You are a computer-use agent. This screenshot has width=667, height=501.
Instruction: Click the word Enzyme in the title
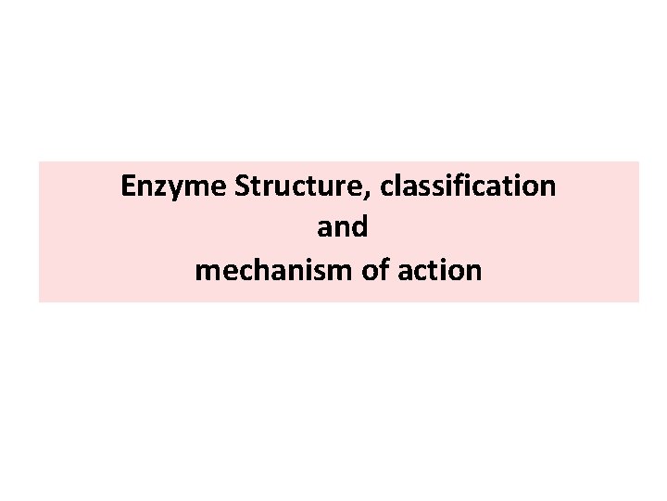[x=174, y=186]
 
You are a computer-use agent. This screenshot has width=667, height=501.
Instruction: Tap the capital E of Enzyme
[x=129, y=186]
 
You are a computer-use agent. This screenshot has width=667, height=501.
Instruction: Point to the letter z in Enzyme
[x=159, y=189]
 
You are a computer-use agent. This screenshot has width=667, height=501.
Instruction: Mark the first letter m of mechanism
[x=205, y=272]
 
